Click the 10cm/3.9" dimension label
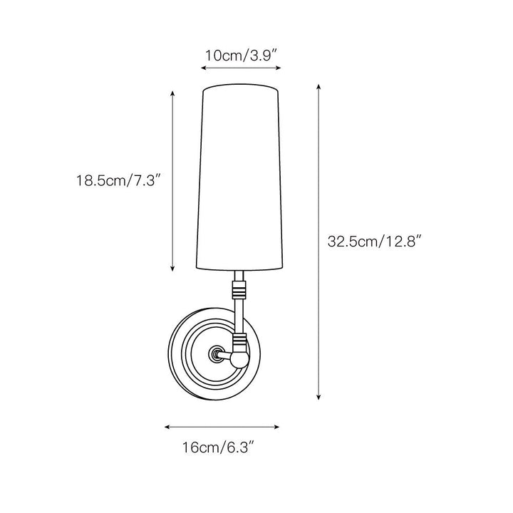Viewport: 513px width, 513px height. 242,56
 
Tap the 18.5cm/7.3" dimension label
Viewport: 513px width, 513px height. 119,180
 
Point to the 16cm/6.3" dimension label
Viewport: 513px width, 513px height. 218,447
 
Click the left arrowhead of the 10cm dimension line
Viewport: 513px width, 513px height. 203,68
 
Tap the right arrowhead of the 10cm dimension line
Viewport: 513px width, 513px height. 279,68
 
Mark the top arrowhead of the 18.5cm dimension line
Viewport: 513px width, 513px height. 172,93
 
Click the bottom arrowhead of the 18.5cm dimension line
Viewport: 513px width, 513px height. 172,269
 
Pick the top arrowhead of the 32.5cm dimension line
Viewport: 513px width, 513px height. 318,87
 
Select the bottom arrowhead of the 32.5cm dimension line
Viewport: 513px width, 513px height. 318,397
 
